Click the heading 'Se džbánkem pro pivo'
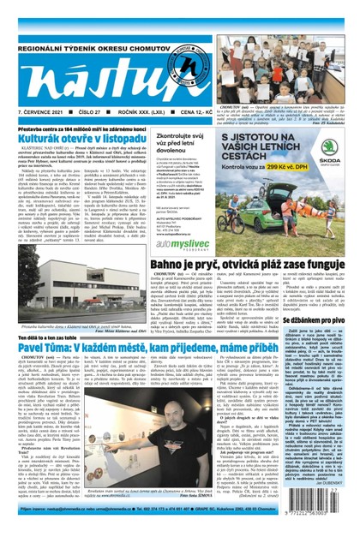pos(309,317)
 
